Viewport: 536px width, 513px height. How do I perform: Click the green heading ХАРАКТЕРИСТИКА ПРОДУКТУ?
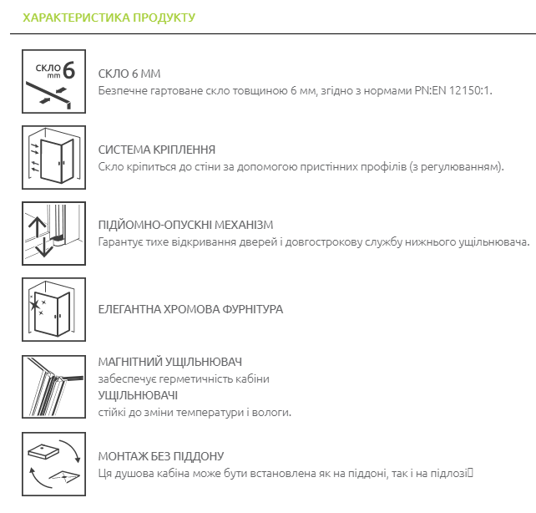(x=109, y=18)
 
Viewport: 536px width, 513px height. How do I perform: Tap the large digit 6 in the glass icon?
(x=68, y=70)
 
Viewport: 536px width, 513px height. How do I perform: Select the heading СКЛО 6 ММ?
(x=129, y=74)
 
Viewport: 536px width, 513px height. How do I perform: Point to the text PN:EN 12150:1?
(x=453, y=90)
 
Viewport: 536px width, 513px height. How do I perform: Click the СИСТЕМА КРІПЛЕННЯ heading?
(x=157, y=150)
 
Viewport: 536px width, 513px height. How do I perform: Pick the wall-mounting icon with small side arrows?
(x=53, y=157)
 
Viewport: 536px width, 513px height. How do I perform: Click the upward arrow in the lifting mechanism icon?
(x=37, y=227)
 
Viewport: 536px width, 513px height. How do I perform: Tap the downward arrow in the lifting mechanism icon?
(x=44, y=247)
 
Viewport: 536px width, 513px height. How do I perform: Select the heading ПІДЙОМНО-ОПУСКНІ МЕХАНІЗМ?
(x=185, y=225)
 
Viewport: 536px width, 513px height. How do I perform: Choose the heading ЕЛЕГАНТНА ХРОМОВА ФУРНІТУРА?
(x=190, y=309)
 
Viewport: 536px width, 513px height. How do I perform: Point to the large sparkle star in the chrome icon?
(x=34, y=304)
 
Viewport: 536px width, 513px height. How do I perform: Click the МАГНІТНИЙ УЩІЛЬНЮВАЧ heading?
(x=169, y=362)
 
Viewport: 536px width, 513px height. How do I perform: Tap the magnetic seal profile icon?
(x=53, y=387)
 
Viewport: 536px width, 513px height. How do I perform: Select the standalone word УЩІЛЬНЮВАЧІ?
(x=138, y=395)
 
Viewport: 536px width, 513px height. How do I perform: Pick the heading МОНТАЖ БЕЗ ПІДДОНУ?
(x=161, y=456)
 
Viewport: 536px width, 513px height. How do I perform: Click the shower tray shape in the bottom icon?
(x=43, y=451)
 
